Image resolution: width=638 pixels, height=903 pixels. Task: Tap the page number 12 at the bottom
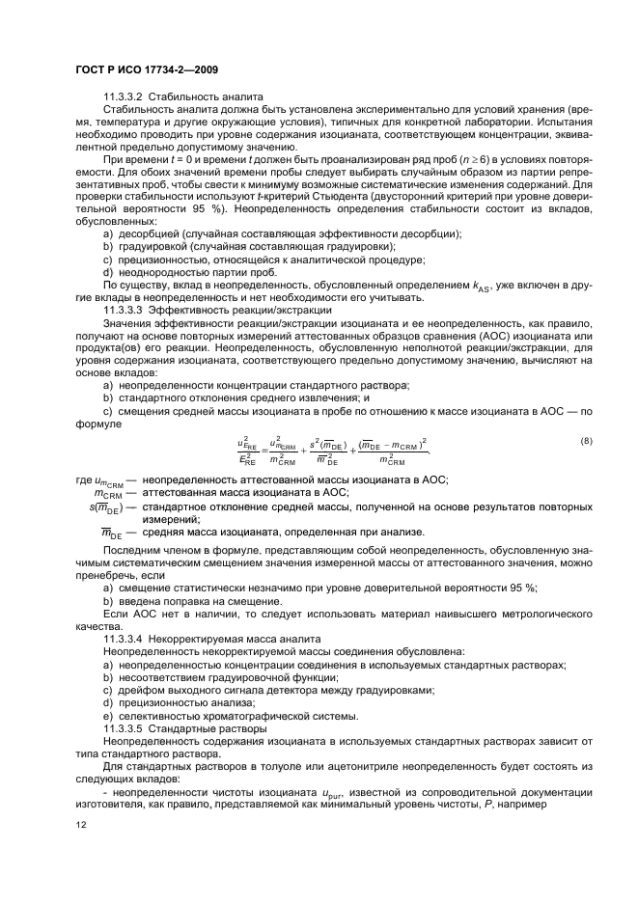coord(82,823)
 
